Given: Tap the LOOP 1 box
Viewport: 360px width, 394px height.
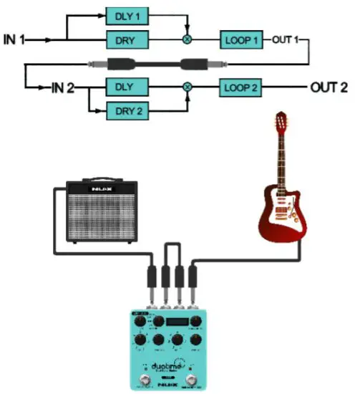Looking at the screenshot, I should (x=242, y=39).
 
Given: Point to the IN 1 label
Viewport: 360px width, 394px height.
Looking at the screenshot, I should (x=15, y=39).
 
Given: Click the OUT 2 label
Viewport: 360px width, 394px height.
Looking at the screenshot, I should (x=329, y=88).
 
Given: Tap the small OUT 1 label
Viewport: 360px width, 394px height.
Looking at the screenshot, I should (x=286, y=39).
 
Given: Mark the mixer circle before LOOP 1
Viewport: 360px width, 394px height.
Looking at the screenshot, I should (x=188, y=39).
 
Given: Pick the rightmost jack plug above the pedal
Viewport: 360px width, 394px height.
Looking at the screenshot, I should (x=191, y=279).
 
